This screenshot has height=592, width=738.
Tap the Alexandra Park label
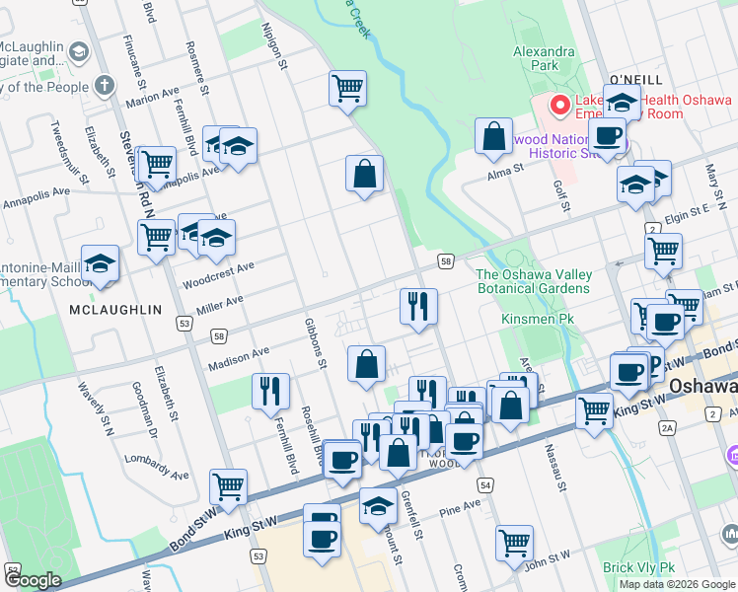[x=543, y=58]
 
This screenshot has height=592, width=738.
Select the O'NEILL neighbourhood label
[x=635, y=78]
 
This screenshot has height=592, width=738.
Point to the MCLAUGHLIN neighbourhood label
[x=115, y=310]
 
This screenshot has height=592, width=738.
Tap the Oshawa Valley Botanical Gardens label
[x=534, y=281]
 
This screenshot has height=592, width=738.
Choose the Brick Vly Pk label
[x=638, y=567]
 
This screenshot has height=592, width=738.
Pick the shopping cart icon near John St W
[x=515, y=541]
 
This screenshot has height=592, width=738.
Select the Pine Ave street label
[x=459, y=507]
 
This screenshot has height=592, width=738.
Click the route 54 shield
[x=484, y=486]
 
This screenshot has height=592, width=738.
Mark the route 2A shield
[x=667, y=427]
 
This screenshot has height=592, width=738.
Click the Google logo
[x=33, y=580]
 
